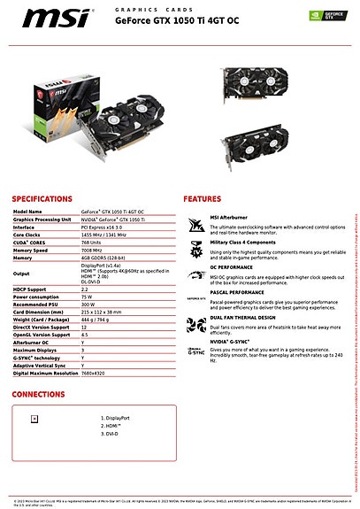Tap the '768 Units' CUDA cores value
(x=91, y=242)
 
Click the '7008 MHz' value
(x=91, y=250)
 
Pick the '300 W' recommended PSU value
(x=88, y=304)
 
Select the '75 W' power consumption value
(x=87, y=297)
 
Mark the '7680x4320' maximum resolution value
(x=94, y=373)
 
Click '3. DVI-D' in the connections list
(x=110, y=434)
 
